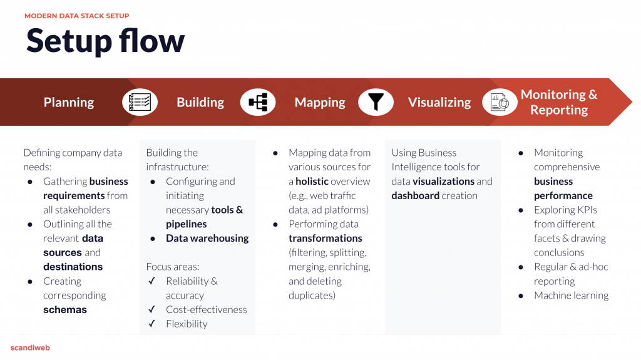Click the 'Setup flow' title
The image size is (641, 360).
point(105,41)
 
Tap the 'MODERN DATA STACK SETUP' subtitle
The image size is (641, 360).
point(77,16)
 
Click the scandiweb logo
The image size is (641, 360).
point(30,347)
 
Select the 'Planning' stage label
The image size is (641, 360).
point(69,102)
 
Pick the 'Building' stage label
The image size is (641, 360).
point(200,102)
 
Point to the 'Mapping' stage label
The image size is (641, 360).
point(320,102)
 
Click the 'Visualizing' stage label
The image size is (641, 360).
point(439,102)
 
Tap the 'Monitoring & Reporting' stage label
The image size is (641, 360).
point(559,102)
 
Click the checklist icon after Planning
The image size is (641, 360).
point(140,102)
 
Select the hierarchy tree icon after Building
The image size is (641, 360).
point(258,102)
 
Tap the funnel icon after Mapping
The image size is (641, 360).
point(376,102)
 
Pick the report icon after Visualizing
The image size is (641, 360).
point(500,102)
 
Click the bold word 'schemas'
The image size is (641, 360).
point(65,310)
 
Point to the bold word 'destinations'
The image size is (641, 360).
point(73,267)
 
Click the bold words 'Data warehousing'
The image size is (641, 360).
point(207,239)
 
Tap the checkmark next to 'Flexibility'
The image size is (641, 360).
point(151,324)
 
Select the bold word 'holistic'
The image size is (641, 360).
point(312,181)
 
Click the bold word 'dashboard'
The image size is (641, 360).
point(416,195)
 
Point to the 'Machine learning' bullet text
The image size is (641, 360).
point(571,296)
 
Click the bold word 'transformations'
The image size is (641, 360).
point(326,239)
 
